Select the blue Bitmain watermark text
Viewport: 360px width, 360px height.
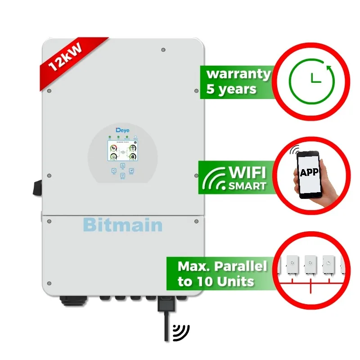tap(123, 224)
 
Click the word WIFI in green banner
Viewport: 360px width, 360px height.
tap(248, 173)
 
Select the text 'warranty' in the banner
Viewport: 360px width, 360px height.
tap(238, 74)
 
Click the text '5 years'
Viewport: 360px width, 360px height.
tap(231, 89)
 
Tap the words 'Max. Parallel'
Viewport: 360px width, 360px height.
tap(222, 266)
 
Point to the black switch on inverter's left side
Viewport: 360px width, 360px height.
tap(37, 187)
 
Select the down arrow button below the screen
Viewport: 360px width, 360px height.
tap(122, 177)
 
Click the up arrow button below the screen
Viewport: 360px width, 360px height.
tap(122, 165)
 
